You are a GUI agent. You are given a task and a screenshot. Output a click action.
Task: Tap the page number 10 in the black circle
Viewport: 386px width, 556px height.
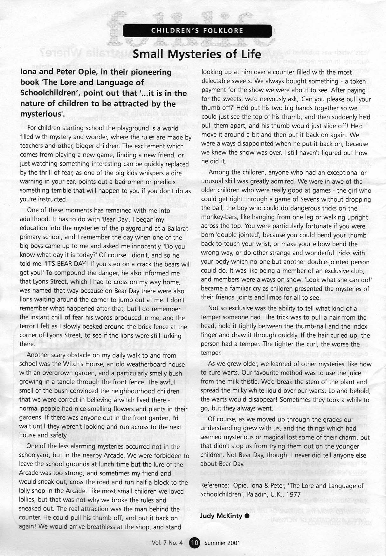tap(194, 543)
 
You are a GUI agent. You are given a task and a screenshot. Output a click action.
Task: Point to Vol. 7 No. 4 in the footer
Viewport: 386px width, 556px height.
tap(167, 543)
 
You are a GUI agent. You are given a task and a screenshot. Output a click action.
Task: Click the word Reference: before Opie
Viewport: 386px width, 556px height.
tap(214, 486)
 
